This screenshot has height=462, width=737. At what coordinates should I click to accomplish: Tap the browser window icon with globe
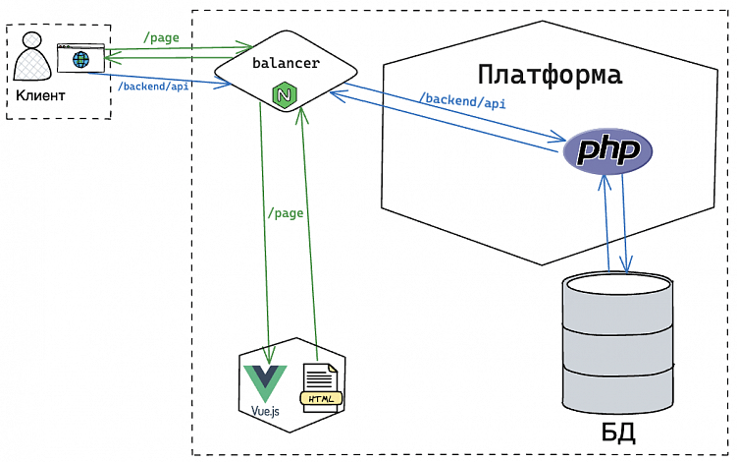79,58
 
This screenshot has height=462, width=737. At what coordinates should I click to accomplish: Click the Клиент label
40,95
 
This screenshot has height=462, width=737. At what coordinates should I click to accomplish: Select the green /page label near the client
161,37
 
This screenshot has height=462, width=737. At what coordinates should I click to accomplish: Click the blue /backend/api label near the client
153,87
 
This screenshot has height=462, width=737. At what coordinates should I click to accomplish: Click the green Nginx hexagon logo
285,95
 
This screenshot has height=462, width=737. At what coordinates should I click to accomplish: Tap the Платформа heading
550,75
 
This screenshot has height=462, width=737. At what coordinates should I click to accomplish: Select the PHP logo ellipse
607,150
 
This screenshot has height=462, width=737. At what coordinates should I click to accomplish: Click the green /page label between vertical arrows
285,212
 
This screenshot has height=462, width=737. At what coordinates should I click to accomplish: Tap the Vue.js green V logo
265,379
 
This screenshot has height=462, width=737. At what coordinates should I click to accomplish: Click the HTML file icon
322,386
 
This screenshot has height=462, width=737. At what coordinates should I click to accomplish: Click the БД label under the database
617,433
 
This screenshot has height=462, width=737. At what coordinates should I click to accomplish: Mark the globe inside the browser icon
79,61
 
